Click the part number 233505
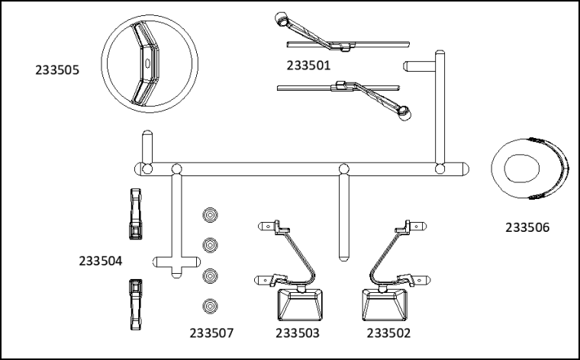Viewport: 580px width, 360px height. pos(57,70)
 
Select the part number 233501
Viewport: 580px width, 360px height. pos(308,66)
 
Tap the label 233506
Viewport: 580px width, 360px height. pos(527,227)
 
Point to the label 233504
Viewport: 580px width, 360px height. pos(100,261)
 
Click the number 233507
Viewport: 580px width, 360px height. pos(211,333)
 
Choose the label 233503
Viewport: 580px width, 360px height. pos(298,333)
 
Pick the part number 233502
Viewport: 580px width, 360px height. pos(388,333)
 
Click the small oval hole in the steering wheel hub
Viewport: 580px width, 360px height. pos(147,63)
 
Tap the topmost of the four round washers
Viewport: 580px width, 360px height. pos(210,215)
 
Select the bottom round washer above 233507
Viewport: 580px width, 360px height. pos(210,306)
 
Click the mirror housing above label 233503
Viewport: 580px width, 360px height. pos(300,305)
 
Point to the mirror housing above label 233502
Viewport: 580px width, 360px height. pos(385,305)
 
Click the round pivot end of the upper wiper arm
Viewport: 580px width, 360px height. pos(282,19)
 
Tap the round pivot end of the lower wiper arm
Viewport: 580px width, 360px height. pos(404,112)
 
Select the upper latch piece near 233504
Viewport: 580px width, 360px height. pos(135,214)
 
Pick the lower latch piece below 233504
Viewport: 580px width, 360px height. pos(135,304)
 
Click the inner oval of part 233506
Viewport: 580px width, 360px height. pos(521,168)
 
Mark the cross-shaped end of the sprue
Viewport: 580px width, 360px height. pos(176,262)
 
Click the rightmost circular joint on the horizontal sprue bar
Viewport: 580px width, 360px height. pos(440,169)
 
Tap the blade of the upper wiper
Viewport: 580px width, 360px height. pos(348,44)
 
